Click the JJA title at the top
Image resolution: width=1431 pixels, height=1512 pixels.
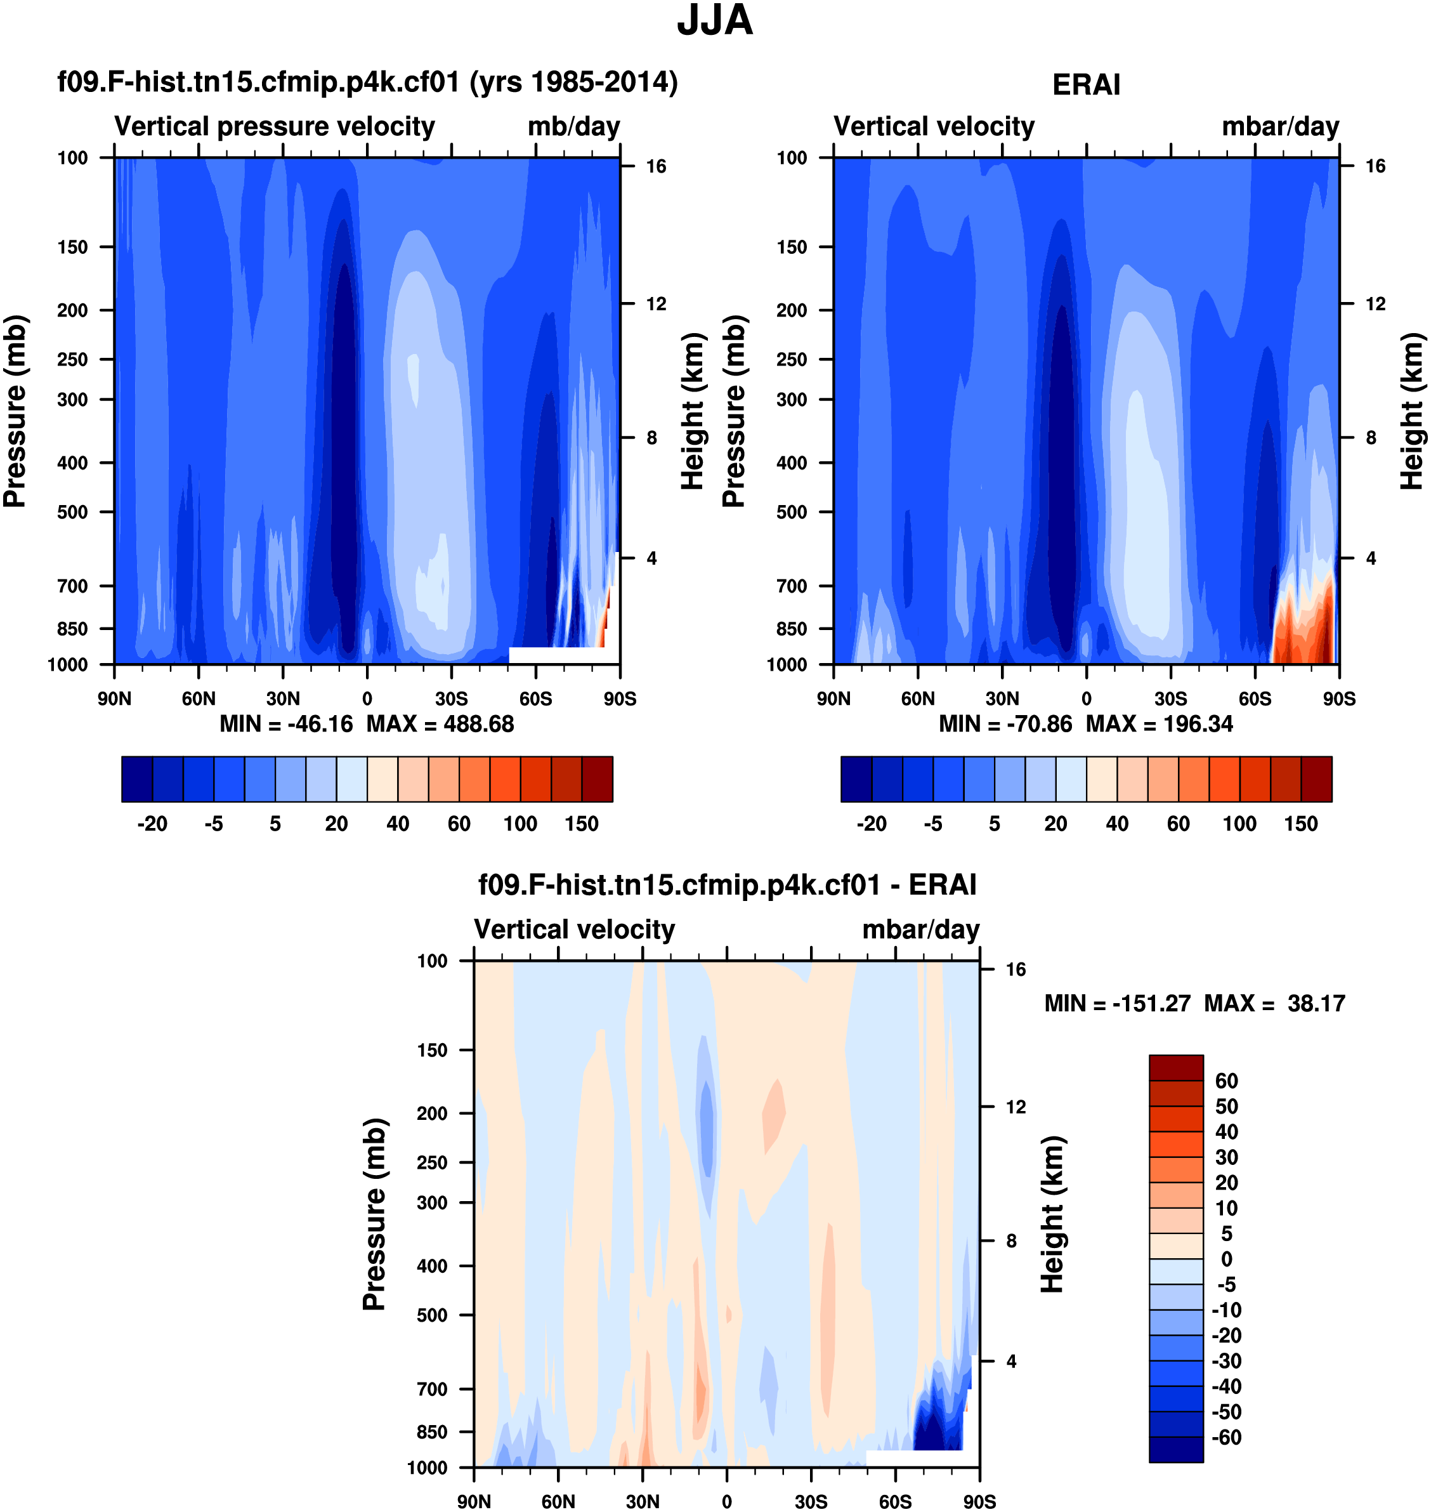click(715, 20)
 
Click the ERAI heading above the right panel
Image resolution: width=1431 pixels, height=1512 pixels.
click(1086, 84)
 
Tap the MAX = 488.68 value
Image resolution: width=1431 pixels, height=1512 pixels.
click(440, 724)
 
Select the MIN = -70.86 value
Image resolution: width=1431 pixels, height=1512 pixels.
click(1005, 724)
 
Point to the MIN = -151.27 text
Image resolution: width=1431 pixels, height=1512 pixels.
click(1117, 1003)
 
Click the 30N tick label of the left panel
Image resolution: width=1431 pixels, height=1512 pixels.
click(283, 699)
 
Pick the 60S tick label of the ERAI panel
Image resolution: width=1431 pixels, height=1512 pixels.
click(1255, 699)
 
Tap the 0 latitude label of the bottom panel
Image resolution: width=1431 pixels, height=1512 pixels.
click(726, 1501)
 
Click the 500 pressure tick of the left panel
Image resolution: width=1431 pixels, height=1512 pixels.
click(72, 512)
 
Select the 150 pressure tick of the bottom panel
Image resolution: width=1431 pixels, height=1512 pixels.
click(432, 1051)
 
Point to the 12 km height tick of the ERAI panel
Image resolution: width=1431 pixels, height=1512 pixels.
click(1375, 304)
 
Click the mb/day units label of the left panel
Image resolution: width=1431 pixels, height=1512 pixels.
click(573, 127)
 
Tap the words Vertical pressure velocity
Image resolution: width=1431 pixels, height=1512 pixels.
click(275, 127)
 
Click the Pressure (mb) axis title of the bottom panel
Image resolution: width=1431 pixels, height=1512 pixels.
click(374, 1214)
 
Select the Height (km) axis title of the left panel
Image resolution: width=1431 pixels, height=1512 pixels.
click(692, 411)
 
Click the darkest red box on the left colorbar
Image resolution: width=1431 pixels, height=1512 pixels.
click(598, 779)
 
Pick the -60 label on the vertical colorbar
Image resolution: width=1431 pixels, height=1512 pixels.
click(1227, 1437)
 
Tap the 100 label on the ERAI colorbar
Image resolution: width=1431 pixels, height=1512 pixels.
click(1239, 824)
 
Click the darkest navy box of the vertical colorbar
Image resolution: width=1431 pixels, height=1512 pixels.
click(1175, 1449)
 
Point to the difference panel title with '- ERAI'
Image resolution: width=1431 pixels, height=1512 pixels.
click(727, 885)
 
